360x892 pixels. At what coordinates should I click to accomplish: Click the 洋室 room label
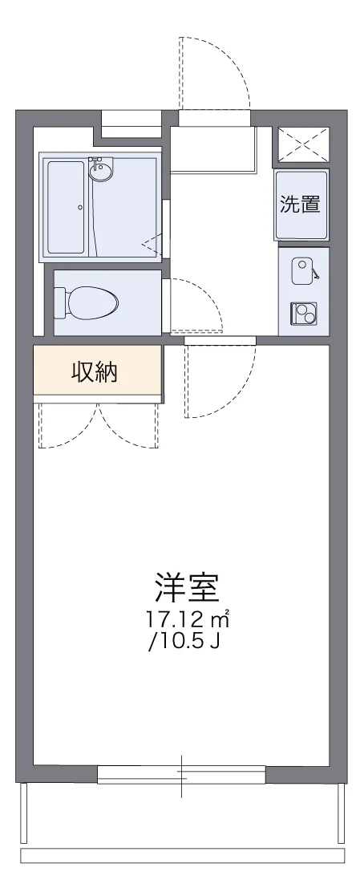(x=187, y=590)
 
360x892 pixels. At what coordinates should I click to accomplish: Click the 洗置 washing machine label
(x=301, y=205)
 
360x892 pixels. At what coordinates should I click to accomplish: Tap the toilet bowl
(x=95, y=302)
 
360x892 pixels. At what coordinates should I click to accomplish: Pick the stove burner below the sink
(x=304, y=313)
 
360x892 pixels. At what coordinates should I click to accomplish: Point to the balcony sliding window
(x=181, y=774)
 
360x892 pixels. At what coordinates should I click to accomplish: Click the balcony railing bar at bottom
(x=182, y=856)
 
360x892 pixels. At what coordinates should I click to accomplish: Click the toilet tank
(x=60, y=302)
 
